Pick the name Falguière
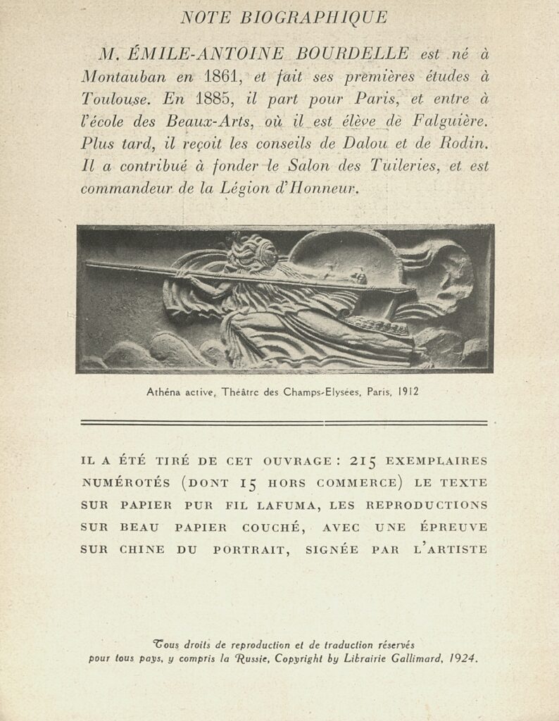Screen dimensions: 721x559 [x=446, y=122]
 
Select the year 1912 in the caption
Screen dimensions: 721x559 [x=408, y=391]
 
